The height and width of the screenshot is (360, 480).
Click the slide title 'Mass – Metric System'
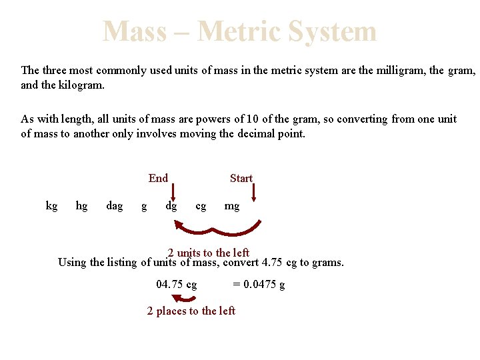tap(239, 31)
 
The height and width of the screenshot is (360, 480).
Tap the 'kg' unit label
tap(51, 205)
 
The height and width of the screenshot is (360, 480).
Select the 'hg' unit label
tap(81, 205)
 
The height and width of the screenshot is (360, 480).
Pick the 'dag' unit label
tap(115, 205)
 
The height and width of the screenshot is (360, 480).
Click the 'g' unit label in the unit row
tap(144, 206)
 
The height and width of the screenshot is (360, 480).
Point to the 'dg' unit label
tap(171, 206)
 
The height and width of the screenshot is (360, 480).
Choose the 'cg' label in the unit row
tap(201, 206)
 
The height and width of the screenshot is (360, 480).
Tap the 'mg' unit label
tap(231, 206)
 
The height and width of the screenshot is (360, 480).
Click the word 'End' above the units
tap(158, 178)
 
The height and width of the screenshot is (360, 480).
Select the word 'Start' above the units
tap(241, 178)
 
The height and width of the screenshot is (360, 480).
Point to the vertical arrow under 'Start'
tap(255, 193)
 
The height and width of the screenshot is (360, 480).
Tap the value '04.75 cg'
tap(177, 285)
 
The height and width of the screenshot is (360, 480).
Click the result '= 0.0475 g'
tap(259, 285)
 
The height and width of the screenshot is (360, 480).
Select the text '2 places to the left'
tap(191, 311)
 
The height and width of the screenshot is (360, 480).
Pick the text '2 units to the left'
tap(209, 253)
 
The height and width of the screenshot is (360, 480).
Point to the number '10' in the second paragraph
tap(253, 119)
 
